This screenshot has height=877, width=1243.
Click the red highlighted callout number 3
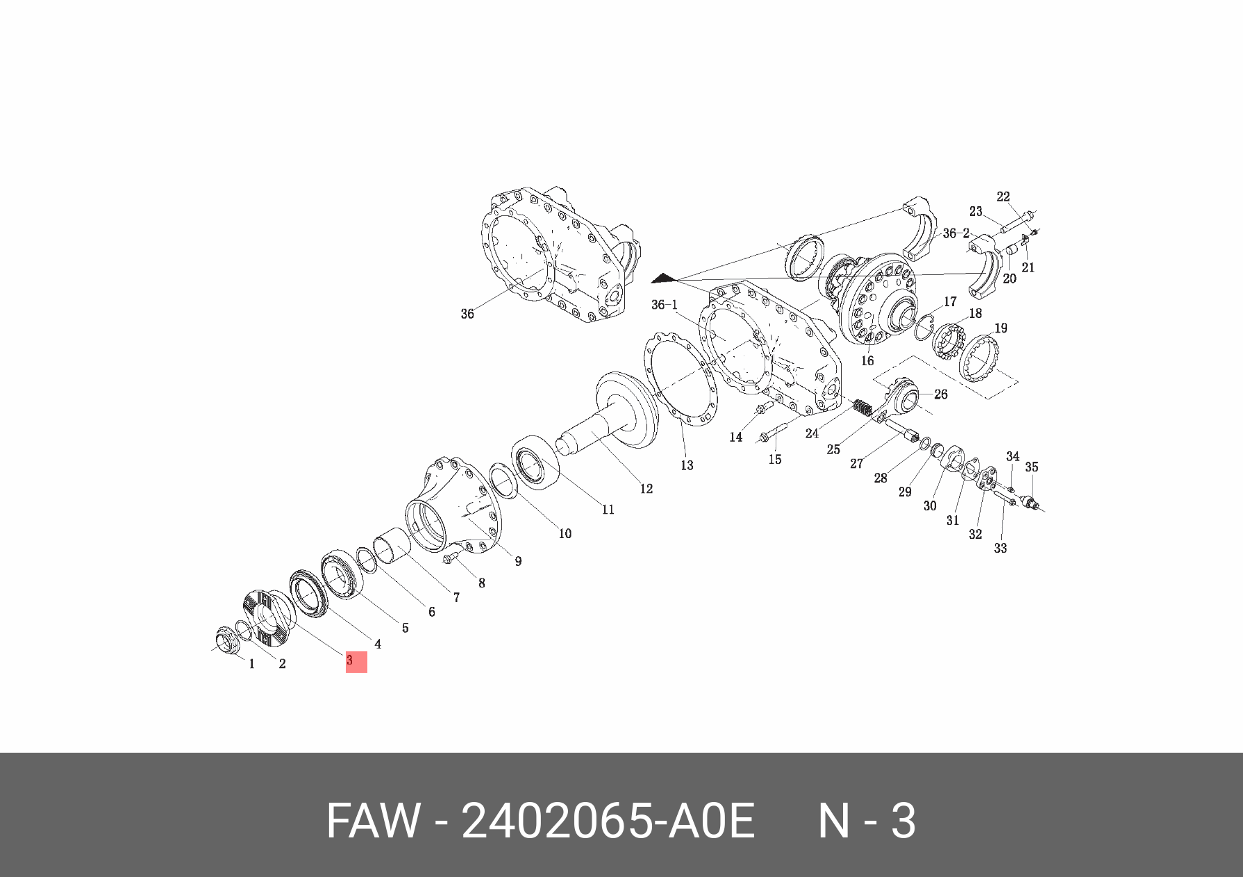coord(356,661)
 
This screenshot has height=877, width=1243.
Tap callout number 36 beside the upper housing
coord(467,314)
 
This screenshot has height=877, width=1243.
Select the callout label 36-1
coord(665,305)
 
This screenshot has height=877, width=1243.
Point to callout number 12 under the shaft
coord(646,489)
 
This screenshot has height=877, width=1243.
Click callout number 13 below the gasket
coord(687,465)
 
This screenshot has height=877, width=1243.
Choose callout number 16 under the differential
coord(867,360)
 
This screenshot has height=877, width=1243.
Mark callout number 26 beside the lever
coord(941,394)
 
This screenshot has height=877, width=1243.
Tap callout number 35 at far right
coord(1032,467)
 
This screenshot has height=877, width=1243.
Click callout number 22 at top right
coord(1003,197)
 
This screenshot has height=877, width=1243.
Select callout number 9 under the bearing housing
coord(518,561)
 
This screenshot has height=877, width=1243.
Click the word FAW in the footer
coord(373,821)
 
